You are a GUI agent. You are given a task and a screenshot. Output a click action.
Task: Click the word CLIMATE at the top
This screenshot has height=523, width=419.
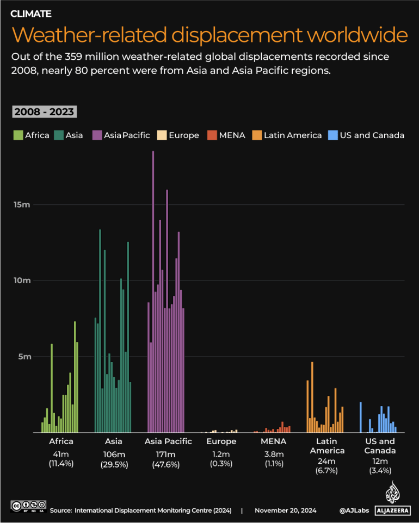31,13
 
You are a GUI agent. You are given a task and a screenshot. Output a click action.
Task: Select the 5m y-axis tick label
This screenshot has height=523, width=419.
26,357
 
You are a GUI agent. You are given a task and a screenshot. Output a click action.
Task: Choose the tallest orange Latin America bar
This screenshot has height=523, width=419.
312,397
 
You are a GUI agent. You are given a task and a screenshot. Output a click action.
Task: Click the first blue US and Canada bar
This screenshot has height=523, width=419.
361,417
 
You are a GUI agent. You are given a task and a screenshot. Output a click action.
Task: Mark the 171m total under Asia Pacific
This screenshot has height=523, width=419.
168,453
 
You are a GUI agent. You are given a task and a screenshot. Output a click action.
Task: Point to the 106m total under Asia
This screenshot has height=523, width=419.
114,453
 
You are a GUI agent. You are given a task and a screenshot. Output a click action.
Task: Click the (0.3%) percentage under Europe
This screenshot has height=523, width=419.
221,463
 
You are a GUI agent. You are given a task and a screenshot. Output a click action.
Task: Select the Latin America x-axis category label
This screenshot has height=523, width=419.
327,446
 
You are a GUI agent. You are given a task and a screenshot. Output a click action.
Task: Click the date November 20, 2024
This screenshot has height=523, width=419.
285,510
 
